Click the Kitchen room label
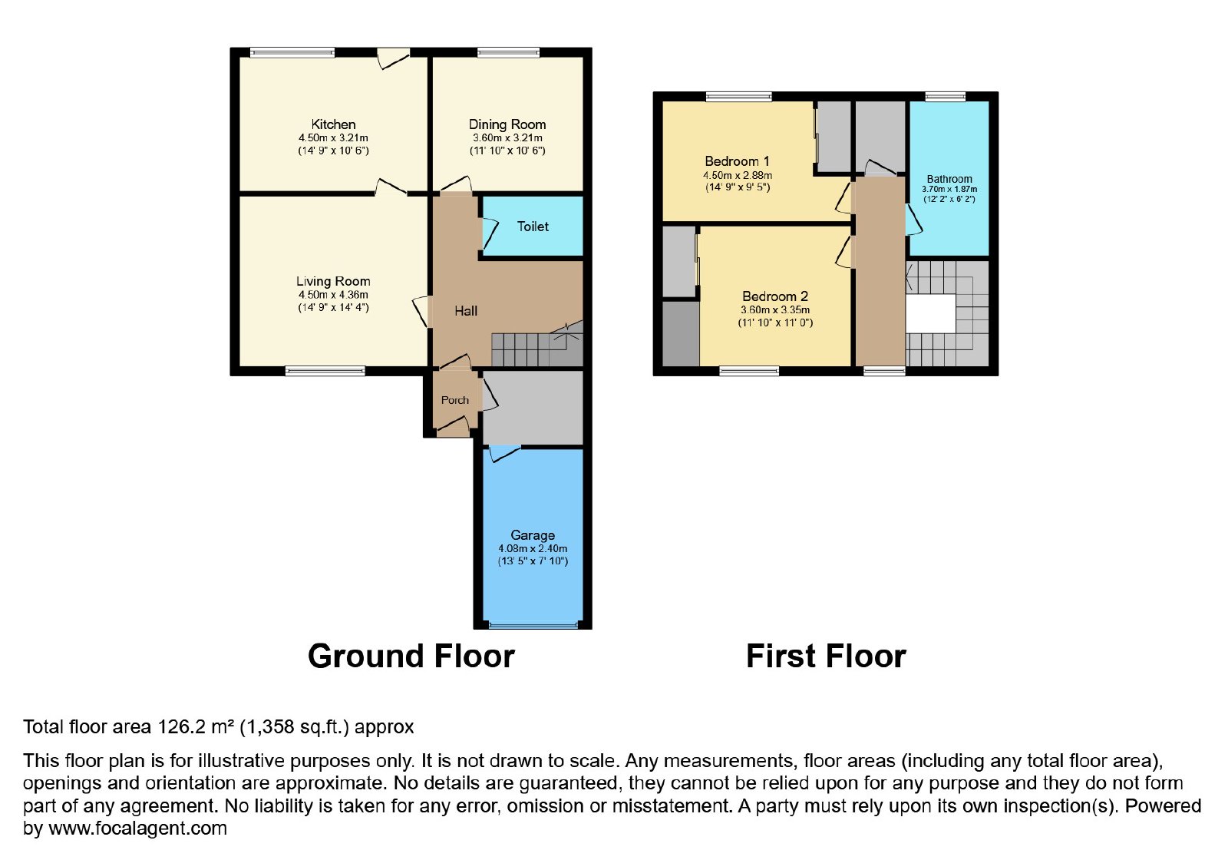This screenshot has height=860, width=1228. (333, 124)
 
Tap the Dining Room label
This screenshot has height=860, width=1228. (507, 124)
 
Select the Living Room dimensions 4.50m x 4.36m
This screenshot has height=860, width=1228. (333, 295)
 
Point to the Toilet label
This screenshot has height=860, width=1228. (533, 227)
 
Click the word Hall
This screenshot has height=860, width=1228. (466, 311)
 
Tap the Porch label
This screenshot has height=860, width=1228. (455, 400)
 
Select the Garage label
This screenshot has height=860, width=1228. (533, 535)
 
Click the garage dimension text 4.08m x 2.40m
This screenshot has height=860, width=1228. (533, 548)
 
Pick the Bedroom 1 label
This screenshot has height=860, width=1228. (738, 161)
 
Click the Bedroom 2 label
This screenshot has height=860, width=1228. (775, 296)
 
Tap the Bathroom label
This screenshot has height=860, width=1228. (949, 180)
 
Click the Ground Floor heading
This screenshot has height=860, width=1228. (411, 656)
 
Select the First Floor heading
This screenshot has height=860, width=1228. (826, 656)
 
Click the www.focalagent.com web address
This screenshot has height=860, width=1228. (137, 828)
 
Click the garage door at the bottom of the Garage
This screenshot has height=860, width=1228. (533, 624)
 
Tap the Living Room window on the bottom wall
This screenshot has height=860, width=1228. (325, 372)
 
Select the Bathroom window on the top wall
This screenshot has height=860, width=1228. (946, 97)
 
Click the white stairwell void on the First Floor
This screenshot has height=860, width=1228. (930, 313)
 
